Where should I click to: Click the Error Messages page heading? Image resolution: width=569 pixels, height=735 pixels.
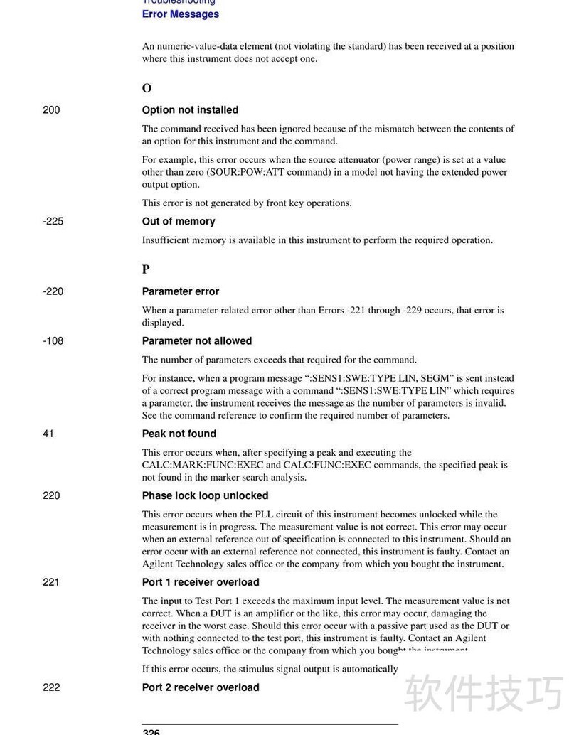point(181,14)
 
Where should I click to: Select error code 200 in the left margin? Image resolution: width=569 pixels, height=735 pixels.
point(51,110)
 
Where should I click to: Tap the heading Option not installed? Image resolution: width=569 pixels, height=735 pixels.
point(190,110)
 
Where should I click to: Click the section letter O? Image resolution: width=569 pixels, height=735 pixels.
point(147,88)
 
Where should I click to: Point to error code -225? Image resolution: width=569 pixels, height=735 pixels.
point(53,221)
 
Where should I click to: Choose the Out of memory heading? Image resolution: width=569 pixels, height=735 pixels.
point(179,221)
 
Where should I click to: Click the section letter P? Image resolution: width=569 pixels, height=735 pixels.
point(146,269)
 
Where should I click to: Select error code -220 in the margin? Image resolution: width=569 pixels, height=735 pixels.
point(53,291)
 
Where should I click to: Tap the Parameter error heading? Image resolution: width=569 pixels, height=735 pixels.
point(181,291)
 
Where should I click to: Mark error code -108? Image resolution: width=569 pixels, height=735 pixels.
point(53,341)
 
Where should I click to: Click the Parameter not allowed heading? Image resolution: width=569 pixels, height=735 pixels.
point(197,341)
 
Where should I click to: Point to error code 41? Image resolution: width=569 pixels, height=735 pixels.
point(48,434)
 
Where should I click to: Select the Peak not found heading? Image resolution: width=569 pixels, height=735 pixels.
point(179,434)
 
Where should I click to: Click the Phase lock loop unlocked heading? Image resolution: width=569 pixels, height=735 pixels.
point(206,495)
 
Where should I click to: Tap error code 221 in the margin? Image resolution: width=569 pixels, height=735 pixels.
point(51,582)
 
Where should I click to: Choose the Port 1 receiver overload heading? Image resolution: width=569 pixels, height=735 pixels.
point(201,582)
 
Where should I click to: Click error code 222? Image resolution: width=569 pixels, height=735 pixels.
point(51,687)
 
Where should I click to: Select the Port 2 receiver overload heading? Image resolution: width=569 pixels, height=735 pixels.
point(201,687)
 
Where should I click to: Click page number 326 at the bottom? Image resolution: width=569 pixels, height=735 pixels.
point(151,731)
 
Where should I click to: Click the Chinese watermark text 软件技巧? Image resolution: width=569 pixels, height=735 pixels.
point(484,692)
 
